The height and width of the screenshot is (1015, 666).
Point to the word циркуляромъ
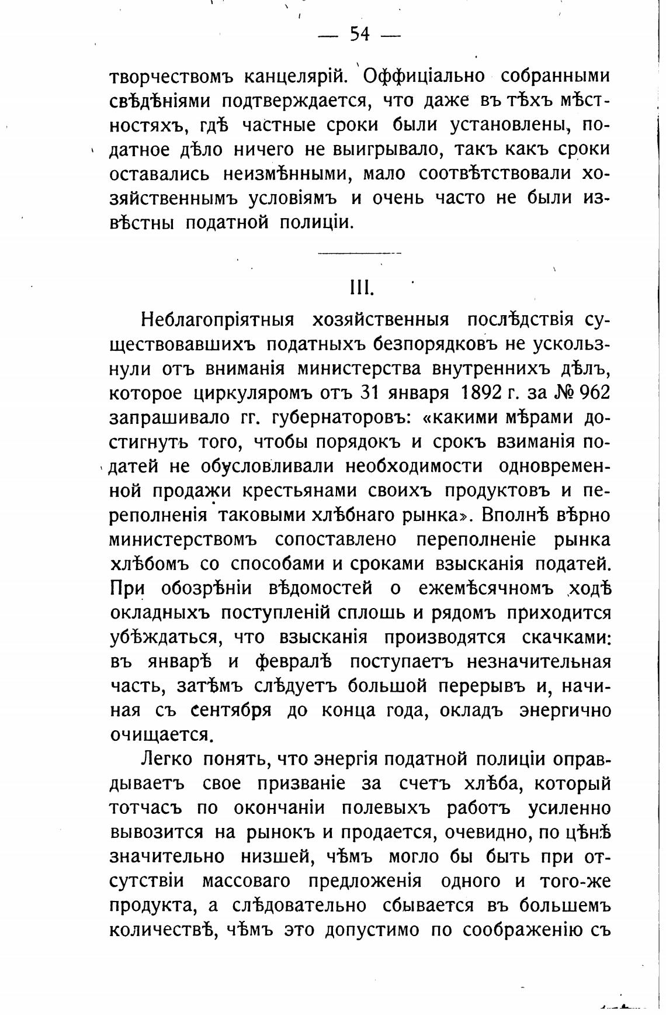pos(251,392)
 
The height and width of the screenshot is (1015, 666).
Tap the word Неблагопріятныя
pos(217,320)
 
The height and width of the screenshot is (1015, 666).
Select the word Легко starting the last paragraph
pos(166,759)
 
